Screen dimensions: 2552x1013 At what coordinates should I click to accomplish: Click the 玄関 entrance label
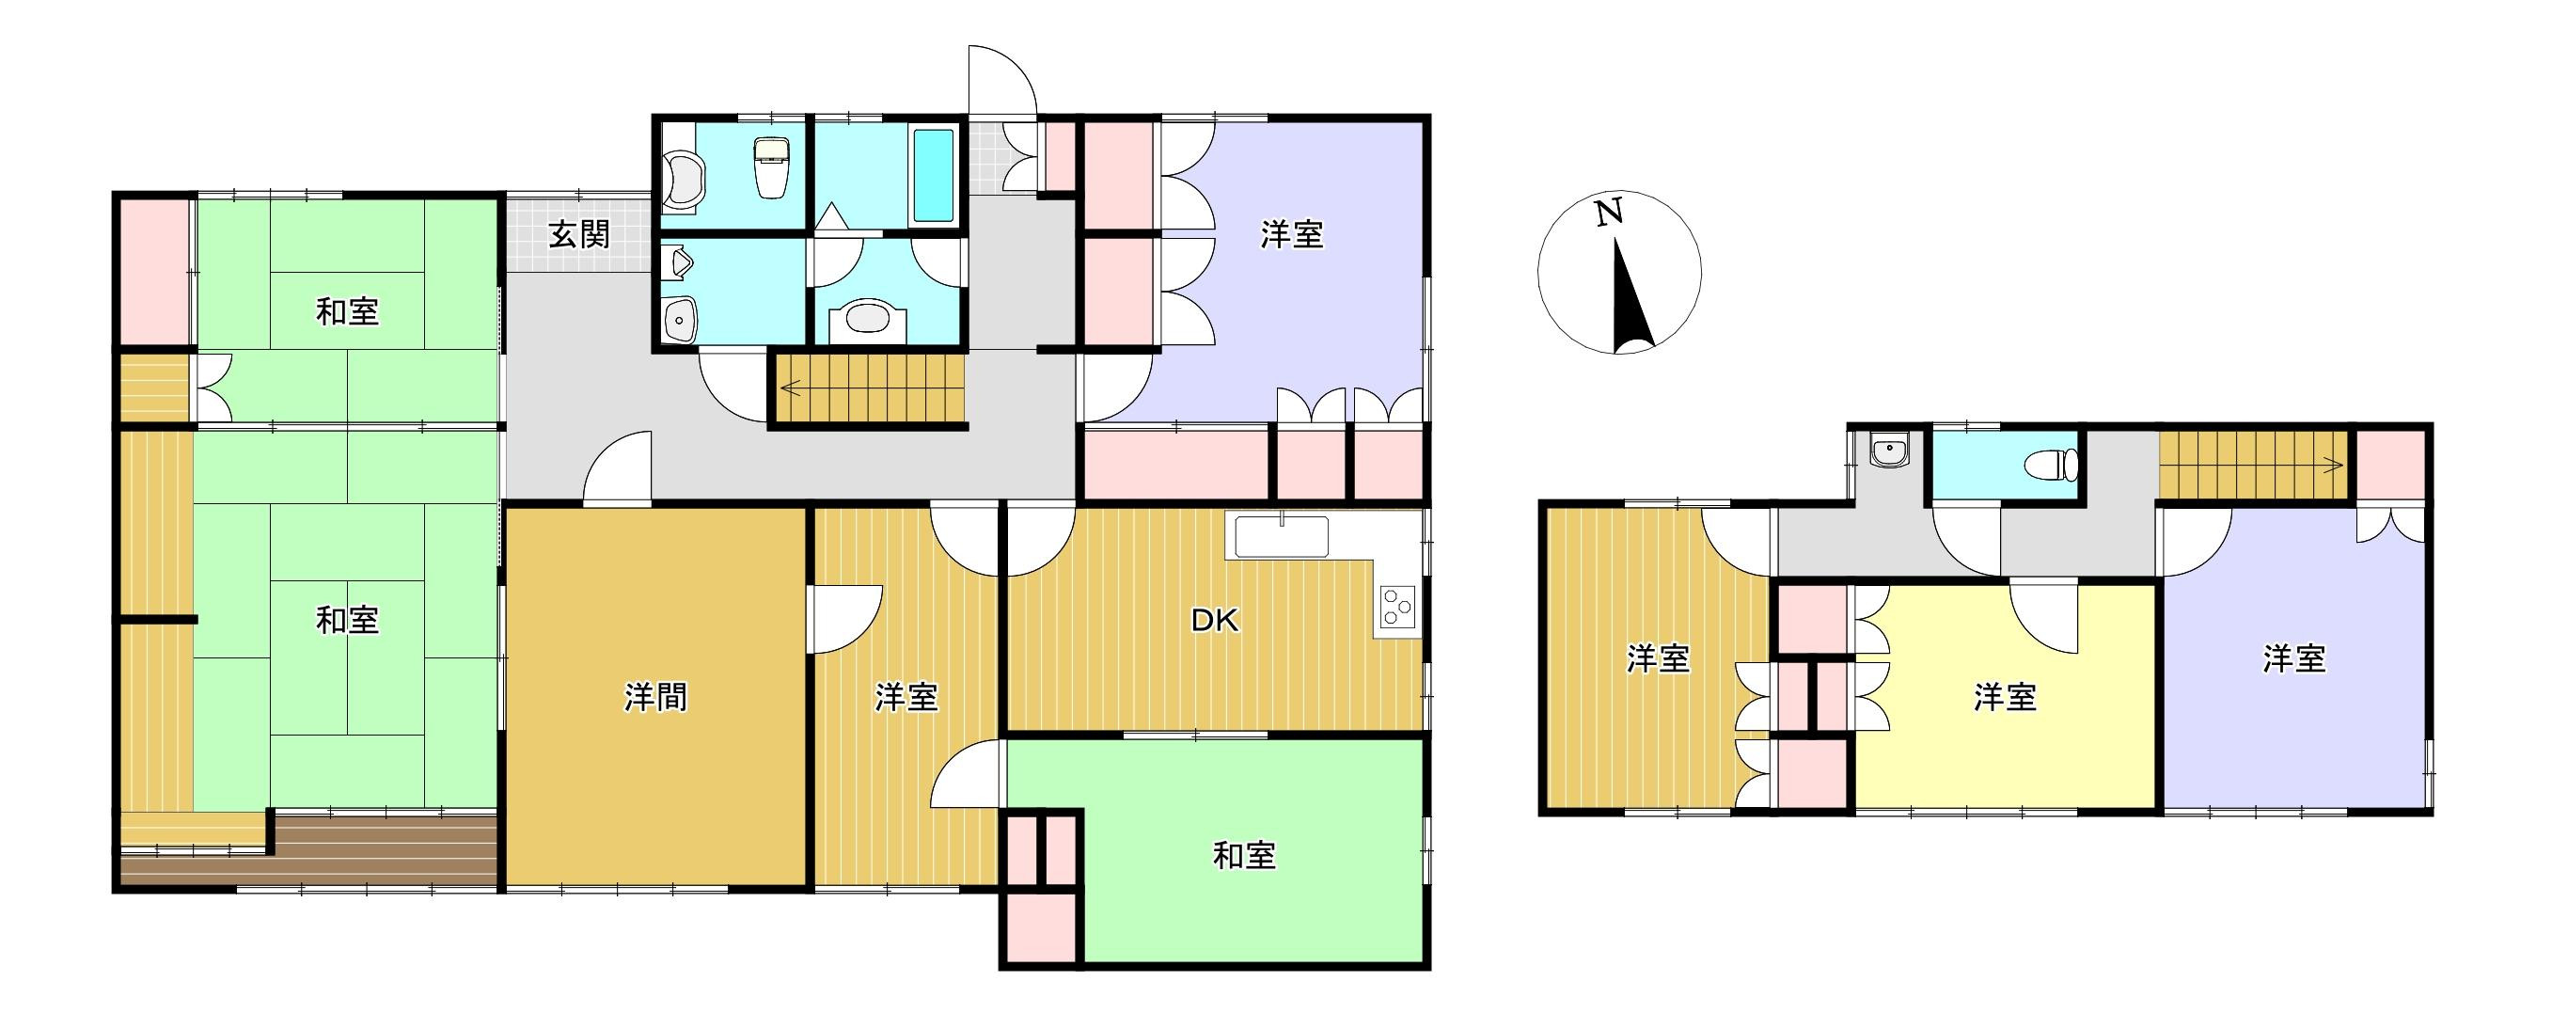(579, 235)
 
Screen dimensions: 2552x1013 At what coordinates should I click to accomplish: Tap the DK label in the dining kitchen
(1215, 621)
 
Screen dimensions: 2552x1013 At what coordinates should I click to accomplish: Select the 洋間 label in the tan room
(655, 698)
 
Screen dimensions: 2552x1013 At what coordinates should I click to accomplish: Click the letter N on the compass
(1609, 213)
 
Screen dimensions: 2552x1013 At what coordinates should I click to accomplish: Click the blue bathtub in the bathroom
(931, 176)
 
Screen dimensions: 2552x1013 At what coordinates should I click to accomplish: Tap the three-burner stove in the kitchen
(1397, 607)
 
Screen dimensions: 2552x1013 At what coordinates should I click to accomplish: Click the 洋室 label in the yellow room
(2005, 697)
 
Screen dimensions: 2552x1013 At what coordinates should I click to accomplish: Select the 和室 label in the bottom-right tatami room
(1244, 855)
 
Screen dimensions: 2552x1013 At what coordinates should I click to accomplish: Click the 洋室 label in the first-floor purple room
(1292, 235)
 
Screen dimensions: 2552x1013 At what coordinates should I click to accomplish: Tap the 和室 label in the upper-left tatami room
(348, 311)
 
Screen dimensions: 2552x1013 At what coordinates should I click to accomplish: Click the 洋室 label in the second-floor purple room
(2294, 659)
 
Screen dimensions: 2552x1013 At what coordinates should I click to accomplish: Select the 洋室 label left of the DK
(906, 698)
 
